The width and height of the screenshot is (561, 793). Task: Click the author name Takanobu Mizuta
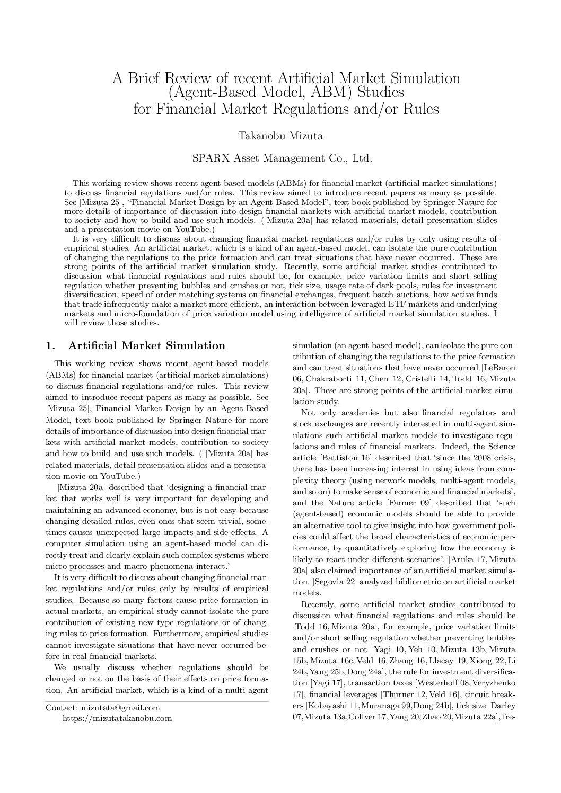tap(280, 136)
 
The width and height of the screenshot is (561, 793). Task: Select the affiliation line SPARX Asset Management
tap(280, 158)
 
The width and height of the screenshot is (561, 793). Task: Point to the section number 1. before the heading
tap(51, 346)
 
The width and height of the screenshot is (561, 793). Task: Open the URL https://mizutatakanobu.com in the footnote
tap(117, 718)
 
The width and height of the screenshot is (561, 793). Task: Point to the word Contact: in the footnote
tap(62, 708)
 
